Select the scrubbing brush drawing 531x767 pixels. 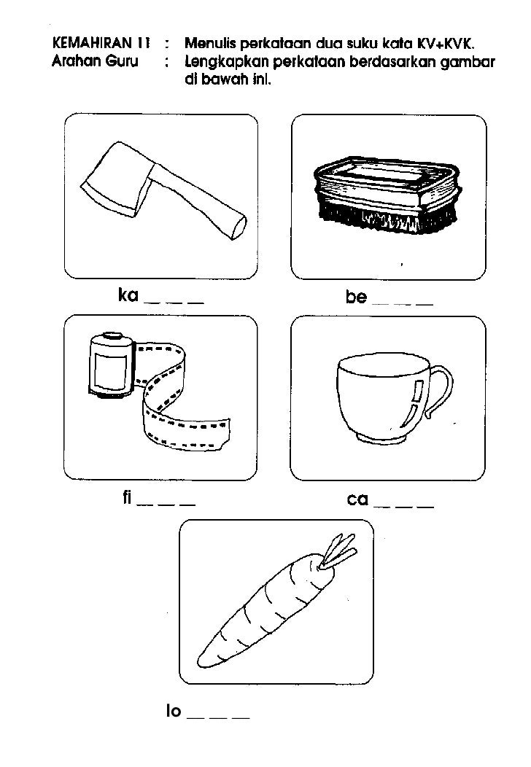tap(387, 192)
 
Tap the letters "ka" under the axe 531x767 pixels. tap(128, 295)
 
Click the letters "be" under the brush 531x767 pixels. tap(356, 297)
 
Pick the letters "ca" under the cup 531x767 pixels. tap(357, 499)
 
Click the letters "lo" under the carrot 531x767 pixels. tap(173, 711)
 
